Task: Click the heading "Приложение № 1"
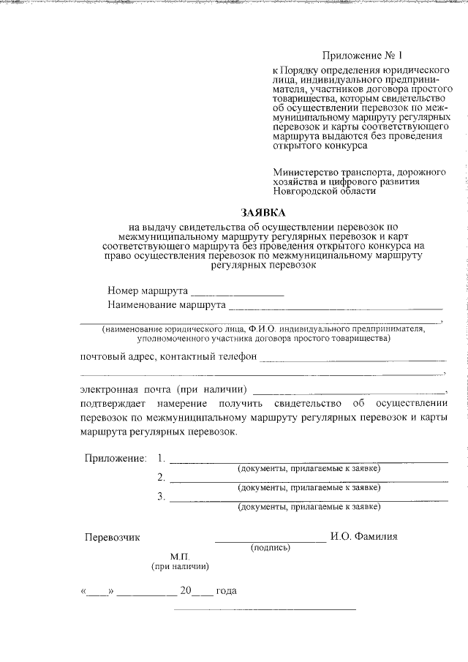pos(363,56)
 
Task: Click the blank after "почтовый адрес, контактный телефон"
pos(352,358)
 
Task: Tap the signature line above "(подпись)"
pos(270,540)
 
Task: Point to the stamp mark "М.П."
pos(181,556)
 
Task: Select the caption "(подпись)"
pos(271,547)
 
